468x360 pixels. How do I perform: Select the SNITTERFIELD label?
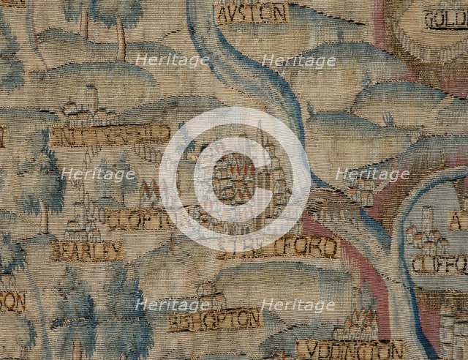(110, 135)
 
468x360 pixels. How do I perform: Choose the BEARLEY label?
(86, 252)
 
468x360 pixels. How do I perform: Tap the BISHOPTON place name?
(214, 319)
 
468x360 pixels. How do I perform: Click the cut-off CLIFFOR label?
(439, 263)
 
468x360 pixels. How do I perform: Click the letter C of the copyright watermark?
(234, 180)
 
